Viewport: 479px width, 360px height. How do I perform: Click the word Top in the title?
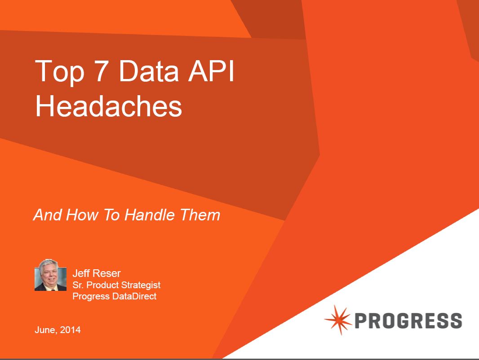point(60,72)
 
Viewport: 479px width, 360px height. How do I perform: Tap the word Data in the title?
point(149,71)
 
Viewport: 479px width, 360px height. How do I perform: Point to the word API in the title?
point(211,70)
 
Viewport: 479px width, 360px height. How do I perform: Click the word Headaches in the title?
point(109,106)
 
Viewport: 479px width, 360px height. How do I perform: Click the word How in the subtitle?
point(82,215)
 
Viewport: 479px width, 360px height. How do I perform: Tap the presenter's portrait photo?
point(50,275)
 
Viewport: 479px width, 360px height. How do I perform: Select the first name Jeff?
point(81,273)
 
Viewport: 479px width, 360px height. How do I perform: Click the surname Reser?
point(106,273)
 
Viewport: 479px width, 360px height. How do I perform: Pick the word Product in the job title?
point(102,285)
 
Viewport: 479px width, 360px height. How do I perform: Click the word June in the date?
point(46,330)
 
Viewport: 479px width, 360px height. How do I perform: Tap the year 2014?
point(70,330)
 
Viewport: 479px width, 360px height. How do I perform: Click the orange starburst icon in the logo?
point(338,320)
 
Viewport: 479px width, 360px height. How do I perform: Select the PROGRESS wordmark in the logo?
point(408,320)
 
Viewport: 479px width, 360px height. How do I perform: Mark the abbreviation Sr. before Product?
point(78,285)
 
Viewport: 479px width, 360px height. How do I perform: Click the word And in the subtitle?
point(47,215)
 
